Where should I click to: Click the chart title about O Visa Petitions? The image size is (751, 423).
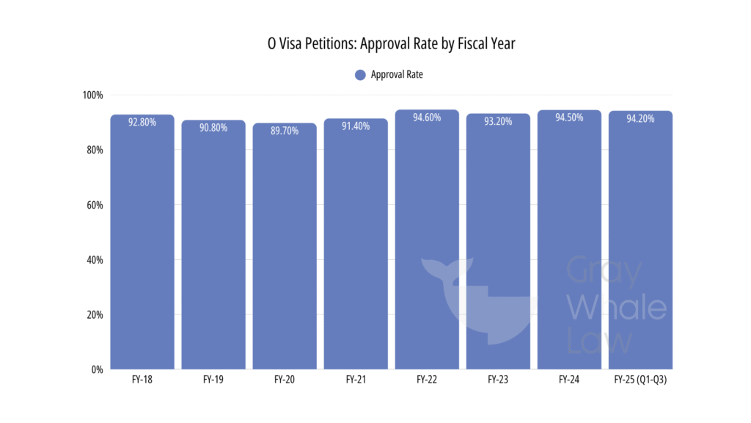[x=391, y=44]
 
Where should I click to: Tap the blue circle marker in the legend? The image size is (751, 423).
[x=359, y=74]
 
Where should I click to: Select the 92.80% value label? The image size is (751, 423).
[x=142, y=123]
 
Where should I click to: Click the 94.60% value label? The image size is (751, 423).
[x=427, y=117]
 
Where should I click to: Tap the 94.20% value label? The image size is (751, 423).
[x=640, y=118]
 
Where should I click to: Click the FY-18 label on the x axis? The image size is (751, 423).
[x=142, y=380]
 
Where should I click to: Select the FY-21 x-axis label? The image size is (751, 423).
[x=356, y=380]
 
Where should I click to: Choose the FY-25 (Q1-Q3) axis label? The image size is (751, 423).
[x=640, y=380]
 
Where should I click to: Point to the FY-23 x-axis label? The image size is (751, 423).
[x=498, y=380]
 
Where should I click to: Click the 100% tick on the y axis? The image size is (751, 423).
[x=92, y=95]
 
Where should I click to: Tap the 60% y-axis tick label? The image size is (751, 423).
[x=95, y=205]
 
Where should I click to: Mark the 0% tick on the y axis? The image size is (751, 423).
[x=97, y=369]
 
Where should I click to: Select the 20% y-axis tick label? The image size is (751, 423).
[x=95, y=314]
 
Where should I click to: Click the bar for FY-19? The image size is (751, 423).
[x=213, y=250]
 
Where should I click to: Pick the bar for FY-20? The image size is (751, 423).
[x=285, y=250]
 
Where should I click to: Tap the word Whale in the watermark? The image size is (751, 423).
[x=616, y=308]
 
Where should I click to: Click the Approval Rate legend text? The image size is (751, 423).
[x=397, y=74]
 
